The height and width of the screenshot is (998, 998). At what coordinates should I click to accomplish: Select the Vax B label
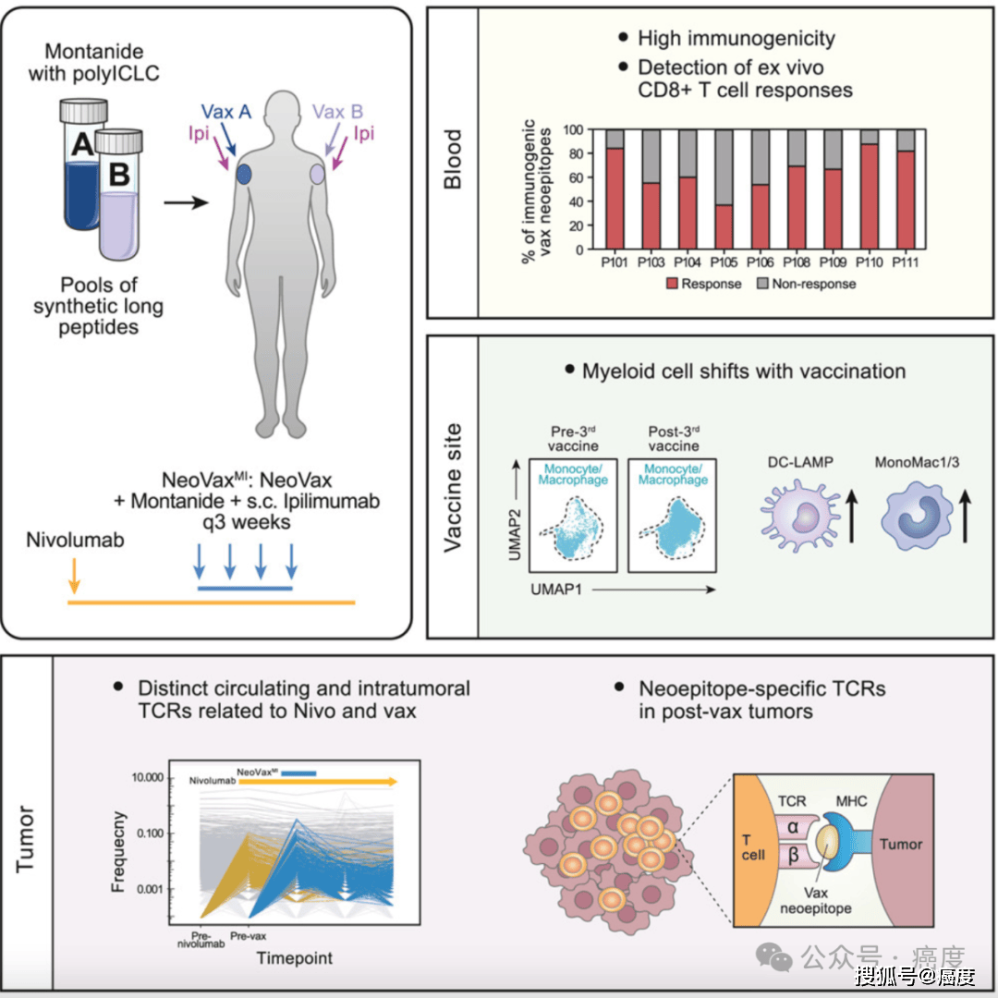[338, 112]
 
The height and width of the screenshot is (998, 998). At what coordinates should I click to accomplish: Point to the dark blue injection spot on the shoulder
[245, 174]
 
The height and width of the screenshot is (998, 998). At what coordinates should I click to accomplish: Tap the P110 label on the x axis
[869, 262]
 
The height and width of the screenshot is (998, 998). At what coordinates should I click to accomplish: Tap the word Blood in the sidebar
[453, 160]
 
